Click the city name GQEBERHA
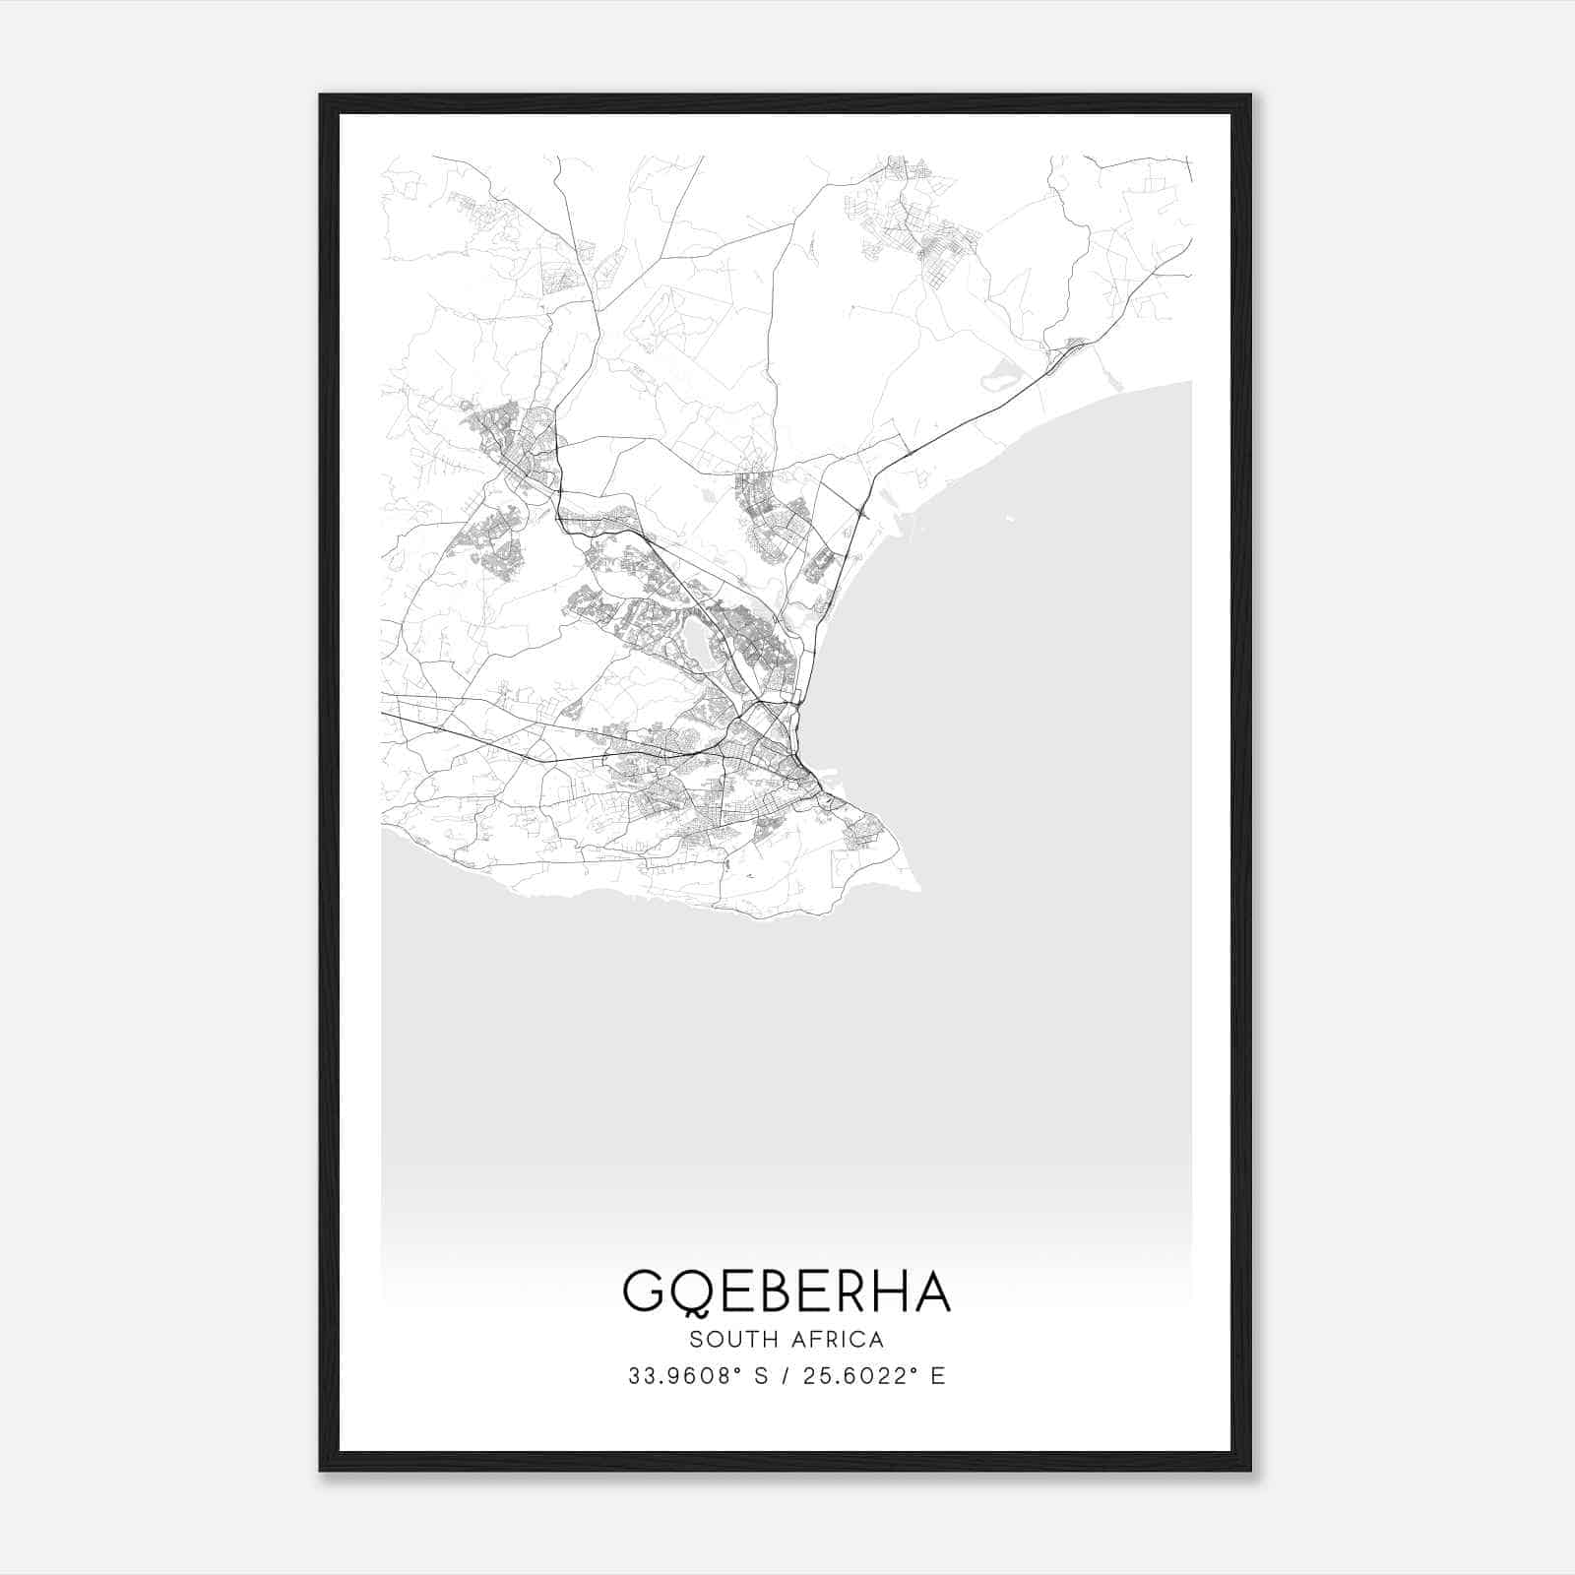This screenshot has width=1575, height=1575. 787,1291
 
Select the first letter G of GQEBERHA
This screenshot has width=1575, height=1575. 644,1291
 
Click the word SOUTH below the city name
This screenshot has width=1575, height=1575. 730,1340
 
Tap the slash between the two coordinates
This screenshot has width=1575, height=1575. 785,1376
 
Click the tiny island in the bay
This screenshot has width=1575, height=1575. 1008,518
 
